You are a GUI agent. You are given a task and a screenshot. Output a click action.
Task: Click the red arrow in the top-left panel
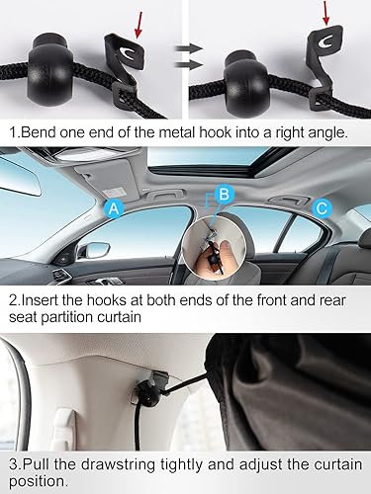(x=133, y=23)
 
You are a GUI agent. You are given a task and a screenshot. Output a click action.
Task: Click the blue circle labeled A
(x=115, y=207)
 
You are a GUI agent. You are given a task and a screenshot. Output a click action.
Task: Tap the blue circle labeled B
(x=224, y=194)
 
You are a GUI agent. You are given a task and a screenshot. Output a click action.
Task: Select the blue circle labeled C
(x=322, y=208)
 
